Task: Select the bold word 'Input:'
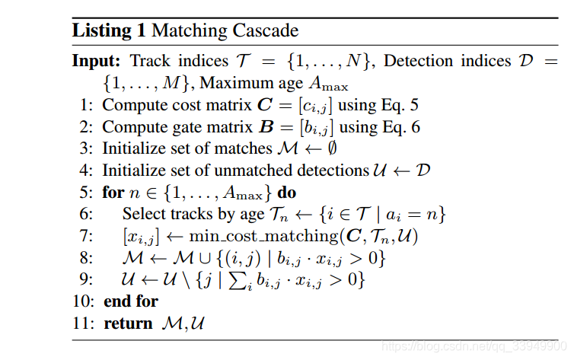pyautogui.click(x=97, y=61)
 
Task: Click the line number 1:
pyautogui.click(x=86, y=105)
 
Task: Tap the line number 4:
pyautogui.click(x=86, y=170)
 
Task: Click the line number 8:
pyautogui.click(x=86, y=258)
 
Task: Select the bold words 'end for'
pyautogui.click(x=130, y=301)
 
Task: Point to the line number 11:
pyautogui.click(x=84, y=323)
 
